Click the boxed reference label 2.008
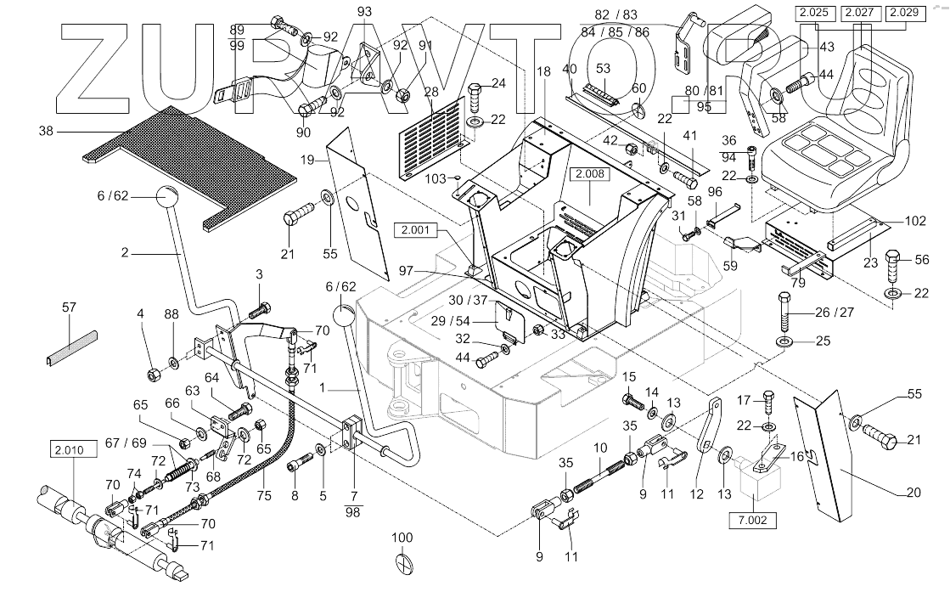[590, 174]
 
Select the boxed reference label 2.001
[415, 230]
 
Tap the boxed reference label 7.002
[752, 520]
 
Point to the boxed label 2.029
[906, 13]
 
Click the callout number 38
[46, 131]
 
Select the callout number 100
[402, 538]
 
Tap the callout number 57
[69, 307]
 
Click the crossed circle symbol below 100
[403, 561]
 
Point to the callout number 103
[435, 178]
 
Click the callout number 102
[915, 221]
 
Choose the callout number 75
[263, 495]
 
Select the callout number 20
[913, 493]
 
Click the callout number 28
[431, 92]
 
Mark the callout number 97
[406, 271]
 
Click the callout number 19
[307, 160]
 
